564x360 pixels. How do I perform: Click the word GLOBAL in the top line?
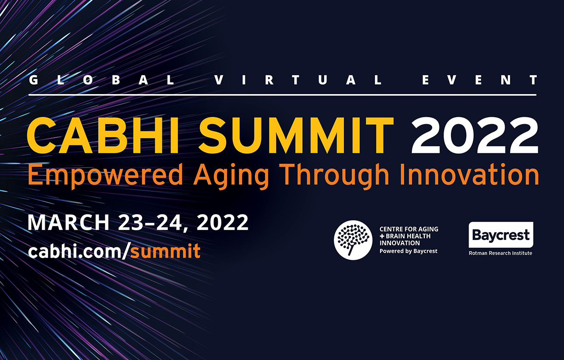pyautogui.click(x=101, y=80)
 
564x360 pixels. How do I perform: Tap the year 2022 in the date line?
pyautogui.click(x=223, y=222)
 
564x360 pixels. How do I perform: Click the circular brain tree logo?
pyautogui.click(x=353, y=240)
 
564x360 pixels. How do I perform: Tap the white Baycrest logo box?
pyautogui.click(x=501, y=235)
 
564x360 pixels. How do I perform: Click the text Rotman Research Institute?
pyautogui.click(x=500, y=253)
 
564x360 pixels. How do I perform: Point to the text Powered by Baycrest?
pyautogui.click(x=409, y=251)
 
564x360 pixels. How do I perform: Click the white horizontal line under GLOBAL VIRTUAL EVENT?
pyautogui.click(x=283, y=95)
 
